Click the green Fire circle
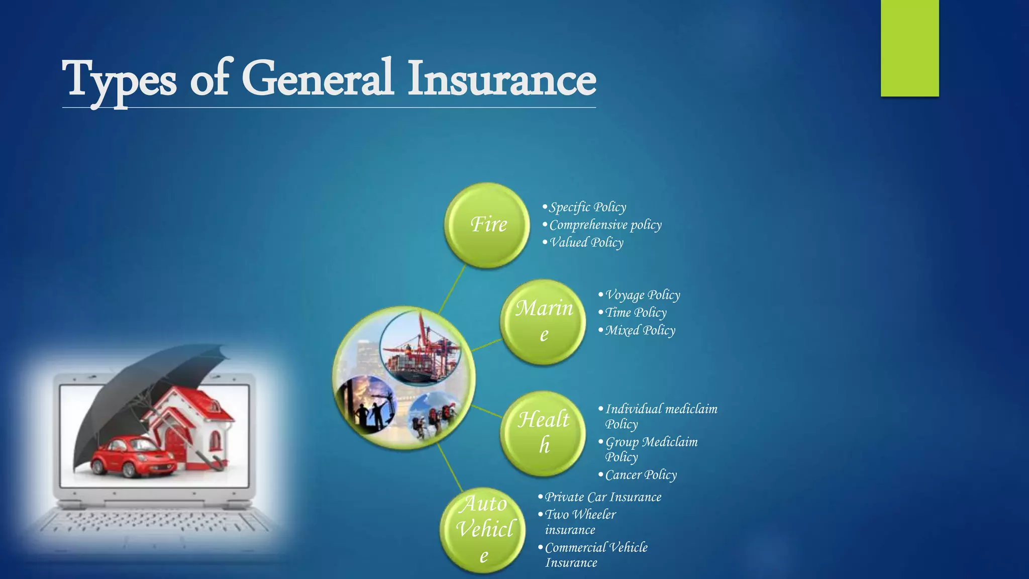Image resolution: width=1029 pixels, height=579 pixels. coord(487,225)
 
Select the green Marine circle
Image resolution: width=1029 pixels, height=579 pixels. coord(543,322)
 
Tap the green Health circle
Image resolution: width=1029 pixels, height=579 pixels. coord(543,433)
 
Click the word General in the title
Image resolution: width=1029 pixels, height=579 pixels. coord(317,79)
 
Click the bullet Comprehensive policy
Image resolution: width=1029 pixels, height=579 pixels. coord(605,225)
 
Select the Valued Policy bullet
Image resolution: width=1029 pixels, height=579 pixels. coord(586,242)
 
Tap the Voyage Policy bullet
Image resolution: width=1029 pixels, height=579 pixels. coord(642,295)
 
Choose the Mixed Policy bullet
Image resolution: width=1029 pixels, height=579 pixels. coord(640,330)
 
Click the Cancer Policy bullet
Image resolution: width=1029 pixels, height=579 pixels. coord(641,475)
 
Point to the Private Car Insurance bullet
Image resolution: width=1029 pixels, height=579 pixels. coord(603,497)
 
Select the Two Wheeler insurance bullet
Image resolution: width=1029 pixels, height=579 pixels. coord(580,522)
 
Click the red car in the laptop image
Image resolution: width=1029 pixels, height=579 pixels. coord(132,456)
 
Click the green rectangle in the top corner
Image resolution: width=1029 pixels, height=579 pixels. coord(909,48)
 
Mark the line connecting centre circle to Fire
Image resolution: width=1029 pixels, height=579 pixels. coord(452,290)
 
